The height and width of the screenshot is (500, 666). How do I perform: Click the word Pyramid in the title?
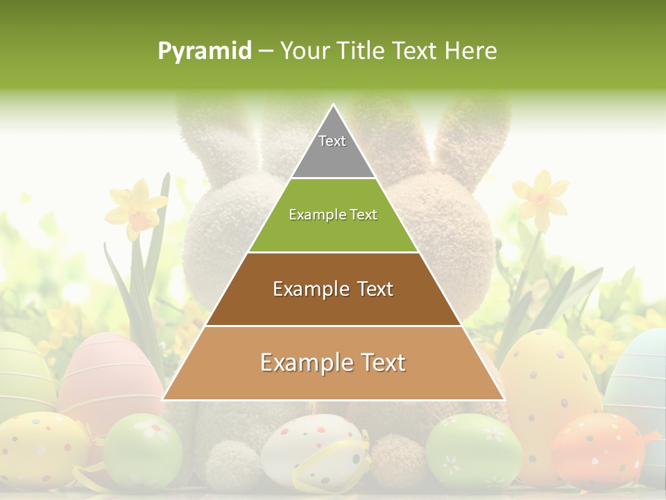click(205, 51)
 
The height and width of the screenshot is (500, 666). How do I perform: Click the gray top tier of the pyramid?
click(333, 149)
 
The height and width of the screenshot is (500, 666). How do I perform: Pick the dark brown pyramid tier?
click(333, 289)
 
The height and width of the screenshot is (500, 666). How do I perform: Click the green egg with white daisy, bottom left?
click(143, 448)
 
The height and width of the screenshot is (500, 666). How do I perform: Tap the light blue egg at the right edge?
click(642, 375)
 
